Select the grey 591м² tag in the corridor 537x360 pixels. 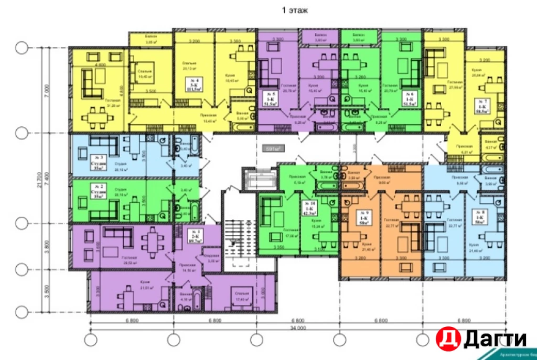click(273, 149)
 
